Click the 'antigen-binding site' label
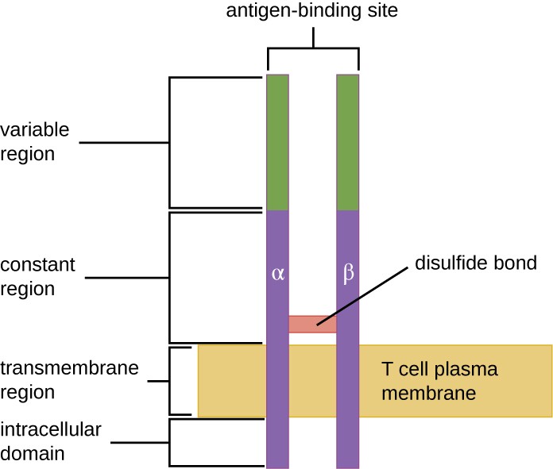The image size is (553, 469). coord(312,13)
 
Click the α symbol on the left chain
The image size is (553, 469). coord(277,275)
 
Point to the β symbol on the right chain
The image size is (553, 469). coord(347,275)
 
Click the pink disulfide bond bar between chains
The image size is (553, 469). coord(312,324)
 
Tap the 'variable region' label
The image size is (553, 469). coord(35,141)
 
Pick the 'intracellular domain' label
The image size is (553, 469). coord(51,441)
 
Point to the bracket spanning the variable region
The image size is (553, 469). coord(170,143)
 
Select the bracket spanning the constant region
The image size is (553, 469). coord(170,277)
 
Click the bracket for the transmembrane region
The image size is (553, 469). coord(170,381)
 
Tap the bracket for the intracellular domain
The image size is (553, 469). coord(170,442)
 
